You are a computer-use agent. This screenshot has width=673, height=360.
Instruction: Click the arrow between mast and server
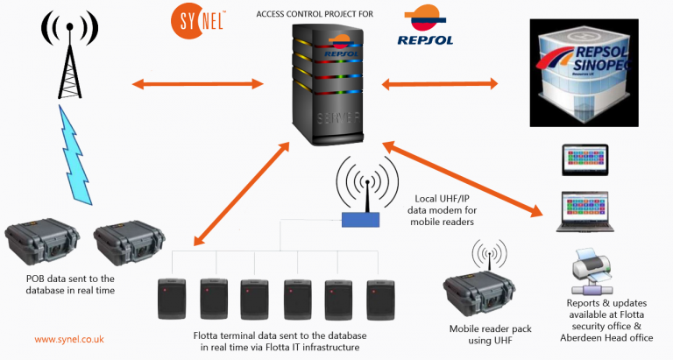[197, 84]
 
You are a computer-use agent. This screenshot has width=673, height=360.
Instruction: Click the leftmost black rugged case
[40, 244]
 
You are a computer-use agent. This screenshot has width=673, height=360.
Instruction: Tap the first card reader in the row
[171, 299]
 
